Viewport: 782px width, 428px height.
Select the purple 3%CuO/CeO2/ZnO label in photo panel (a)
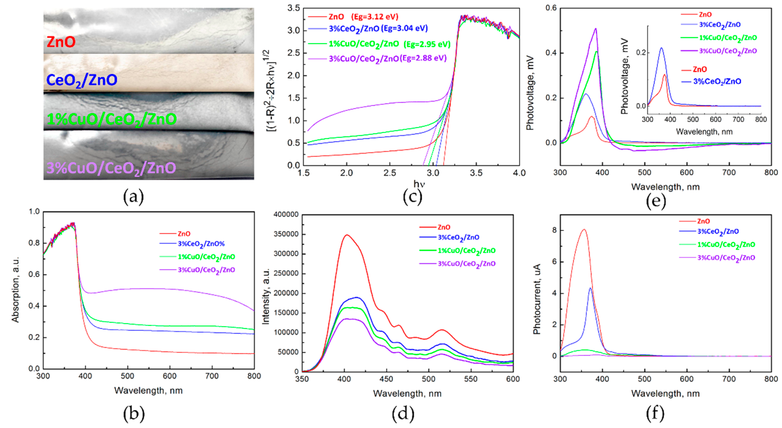(x=111, y=168)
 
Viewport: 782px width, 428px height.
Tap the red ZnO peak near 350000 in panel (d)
(x=347, y=235)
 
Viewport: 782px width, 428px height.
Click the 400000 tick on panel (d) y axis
(x=286, y=215)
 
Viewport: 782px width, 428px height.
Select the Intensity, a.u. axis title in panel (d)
(x=266, y=296)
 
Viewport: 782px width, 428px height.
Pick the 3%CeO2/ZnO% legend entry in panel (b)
(x=201, y=244)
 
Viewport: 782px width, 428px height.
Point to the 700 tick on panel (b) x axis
(x=212, y=376)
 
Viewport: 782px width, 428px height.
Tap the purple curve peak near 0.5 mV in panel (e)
(x=596, y=29)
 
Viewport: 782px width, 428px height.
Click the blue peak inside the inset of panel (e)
(x=661, y=48)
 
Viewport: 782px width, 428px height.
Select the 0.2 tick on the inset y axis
(x=641, y=53)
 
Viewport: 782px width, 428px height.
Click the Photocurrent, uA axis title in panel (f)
(x=537, y=299)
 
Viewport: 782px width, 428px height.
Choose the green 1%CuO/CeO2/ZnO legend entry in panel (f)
(x=726, y=244)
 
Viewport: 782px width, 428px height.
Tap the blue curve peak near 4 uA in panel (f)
(x=590, y=288)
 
